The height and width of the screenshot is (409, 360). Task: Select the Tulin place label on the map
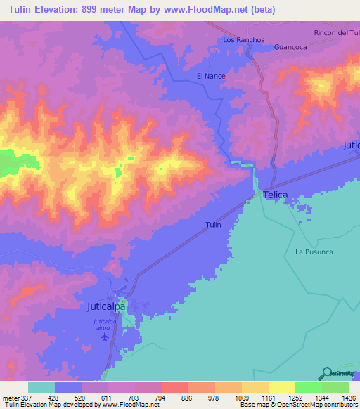(213, 225)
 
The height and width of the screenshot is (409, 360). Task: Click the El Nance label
(210, 75)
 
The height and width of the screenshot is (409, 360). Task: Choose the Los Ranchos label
(243, 40)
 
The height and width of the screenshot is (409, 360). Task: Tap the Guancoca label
(291, 48)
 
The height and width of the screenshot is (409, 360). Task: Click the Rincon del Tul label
(336, 33)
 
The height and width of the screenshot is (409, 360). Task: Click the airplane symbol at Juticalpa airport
(105, 336)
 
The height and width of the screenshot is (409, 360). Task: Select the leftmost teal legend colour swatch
(41, 387)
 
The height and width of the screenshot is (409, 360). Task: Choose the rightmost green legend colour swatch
(335, 387)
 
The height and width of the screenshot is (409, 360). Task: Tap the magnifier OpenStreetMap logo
(326, 373)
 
